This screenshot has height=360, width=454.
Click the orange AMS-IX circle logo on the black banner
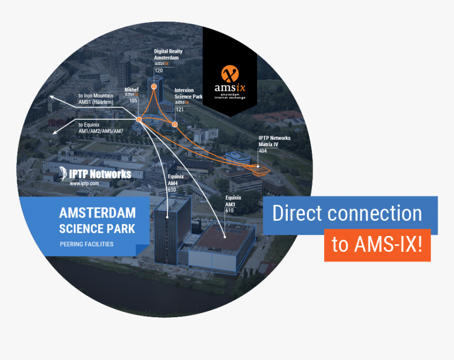point(230,73)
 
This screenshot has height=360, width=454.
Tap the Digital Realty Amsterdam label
point(168,54)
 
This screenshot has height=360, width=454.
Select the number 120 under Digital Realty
point(159,70)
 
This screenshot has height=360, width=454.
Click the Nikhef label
point(131,90)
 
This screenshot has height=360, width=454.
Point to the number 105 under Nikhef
point(133,100)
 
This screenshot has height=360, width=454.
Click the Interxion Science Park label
point(188,93)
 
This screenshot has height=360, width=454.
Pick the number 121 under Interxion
point(179,109)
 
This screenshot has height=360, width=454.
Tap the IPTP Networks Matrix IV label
point(275,141)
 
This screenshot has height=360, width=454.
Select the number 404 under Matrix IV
point(262,150)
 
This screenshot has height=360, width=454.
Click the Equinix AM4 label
point(176,179)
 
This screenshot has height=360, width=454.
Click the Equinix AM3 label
point(233,201)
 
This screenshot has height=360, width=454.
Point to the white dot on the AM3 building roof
point(225,237)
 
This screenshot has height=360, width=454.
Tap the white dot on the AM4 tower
point(167,217)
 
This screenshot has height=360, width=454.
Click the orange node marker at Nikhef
point(139,119)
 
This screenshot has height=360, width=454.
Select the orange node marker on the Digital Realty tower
point(154,87)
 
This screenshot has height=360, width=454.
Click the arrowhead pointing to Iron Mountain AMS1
point(52,97)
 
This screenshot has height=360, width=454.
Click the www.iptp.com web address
point(84,183)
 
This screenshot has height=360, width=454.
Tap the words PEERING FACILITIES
point(87,244)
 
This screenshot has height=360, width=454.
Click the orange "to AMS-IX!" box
point(377,245)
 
